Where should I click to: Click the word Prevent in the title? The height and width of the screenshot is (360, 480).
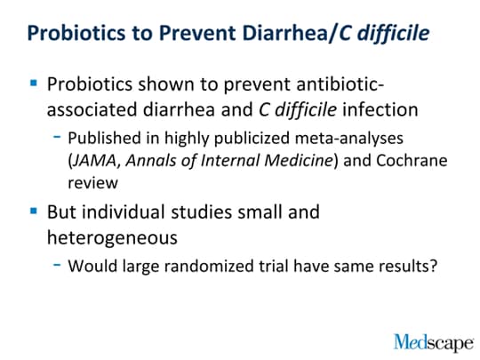(197, 33)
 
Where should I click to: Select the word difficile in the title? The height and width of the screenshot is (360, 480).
(394, 33)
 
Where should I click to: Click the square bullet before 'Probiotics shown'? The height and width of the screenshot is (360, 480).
(34, 83)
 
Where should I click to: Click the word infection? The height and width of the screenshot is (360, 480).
(380, 109)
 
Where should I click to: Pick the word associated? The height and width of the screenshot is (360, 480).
(92, 110)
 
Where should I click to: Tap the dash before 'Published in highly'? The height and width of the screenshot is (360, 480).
(57, 137)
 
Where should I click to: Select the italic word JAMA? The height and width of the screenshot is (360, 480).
(94, 160)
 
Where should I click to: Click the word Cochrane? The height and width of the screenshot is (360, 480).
(412, 160)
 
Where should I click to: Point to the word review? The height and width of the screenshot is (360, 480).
(92, 183)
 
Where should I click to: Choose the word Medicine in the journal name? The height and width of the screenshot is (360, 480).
(299, 160)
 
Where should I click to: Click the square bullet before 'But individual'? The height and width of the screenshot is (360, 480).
(34, 211)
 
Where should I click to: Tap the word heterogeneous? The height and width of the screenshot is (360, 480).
(112, 238)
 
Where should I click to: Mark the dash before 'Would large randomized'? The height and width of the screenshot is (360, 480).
(57, 265)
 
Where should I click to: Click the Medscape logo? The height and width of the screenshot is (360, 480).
(434, 342)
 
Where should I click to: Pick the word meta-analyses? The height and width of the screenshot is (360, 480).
(349, 138)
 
